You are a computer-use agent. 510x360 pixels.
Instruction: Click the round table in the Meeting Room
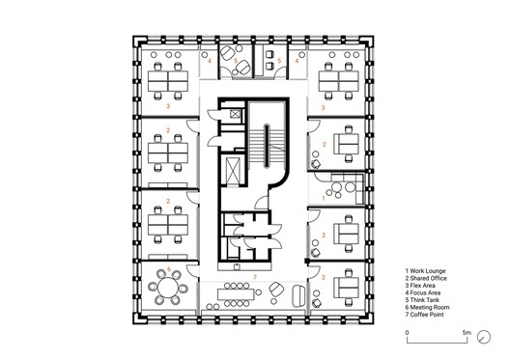(x=168, y=288)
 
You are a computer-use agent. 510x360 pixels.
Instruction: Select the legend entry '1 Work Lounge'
(x=425, y=271)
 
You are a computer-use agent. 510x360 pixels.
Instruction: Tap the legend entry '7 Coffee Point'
(x=424, y=315)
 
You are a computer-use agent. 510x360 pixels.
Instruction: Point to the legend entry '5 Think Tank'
(x=422, y=300)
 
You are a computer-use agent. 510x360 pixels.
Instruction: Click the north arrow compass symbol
(x=484, y=337)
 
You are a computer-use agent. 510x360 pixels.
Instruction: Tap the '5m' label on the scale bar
(x=467, y=333)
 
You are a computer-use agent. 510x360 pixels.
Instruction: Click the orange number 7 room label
(x=255, y=277)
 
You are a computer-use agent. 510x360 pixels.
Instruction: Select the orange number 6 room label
(x=168, y=269)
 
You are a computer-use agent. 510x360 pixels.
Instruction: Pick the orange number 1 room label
(x=324, y=198)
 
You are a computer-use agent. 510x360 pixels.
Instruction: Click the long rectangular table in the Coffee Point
(x=237, y=294)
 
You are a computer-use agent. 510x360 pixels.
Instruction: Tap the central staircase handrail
(x=267, y=145)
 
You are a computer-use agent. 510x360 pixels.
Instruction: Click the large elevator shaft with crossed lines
(x=233, y=171)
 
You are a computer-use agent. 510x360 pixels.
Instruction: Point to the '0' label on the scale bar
(x=408, y=333)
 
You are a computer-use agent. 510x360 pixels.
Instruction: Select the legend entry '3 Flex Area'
(x=420, y=286)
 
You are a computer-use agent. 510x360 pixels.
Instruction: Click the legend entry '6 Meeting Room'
(x=427, y=307)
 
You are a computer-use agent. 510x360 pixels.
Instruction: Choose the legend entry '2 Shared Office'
(x=426, y=279)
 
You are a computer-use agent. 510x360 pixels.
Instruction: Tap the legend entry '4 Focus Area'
(x=423, y=292)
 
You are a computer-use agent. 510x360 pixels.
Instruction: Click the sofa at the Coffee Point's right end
(x=298, y=296)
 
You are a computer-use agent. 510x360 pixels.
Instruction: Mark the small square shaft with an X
(x=235, y=114)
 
